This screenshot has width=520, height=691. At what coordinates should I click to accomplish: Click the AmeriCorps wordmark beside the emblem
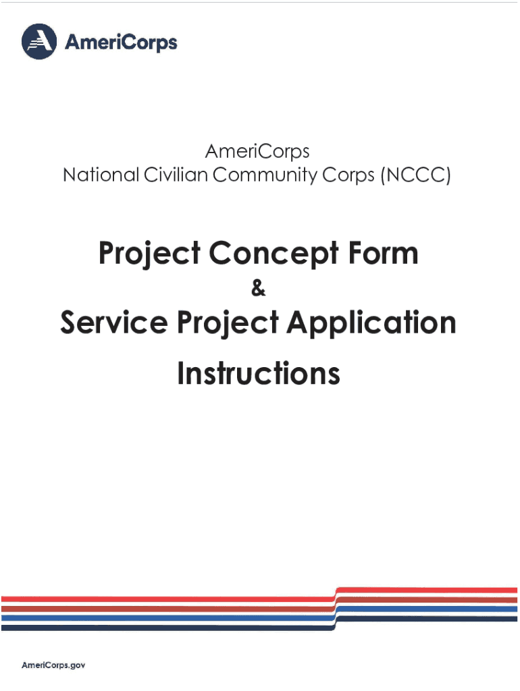click(121, 43)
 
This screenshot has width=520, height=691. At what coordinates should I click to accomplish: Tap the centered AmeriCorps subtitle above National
click(257, 150)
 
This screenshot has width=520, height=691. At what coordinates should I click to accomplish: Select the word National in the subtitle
click(99, 175)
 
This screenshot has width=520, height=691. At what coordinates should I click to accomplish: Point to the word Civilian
click(174, 175)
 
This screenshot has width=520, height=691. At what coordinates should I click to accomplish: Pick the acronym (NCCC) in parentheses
click(415, 176)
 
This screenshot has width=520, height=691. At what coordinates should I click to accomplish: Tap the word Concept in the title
click(261, 254)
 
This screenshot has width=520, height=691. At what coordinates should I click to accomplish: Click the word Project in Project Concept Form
click(149, 254)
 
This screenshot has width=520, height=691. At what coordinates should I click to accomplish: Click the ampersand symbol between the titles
click(259, 289)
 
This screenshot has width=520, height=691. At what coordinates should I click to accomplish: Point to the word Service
click(111, 323)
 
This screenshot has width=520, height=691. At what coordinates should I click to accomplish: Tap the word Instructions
click(259, 373)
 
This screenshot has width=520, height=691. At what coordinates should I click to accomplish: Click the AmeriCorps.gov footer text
click(54, 665)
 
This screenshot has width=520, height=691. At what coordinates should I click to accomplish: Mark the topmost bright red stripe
click(169, 599)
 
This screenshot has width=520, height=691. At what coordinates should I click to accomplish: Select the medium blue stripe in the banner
click(169, 617)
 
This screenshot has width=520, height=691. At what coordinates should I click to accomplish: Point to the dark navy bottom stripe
click(169, 627)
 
